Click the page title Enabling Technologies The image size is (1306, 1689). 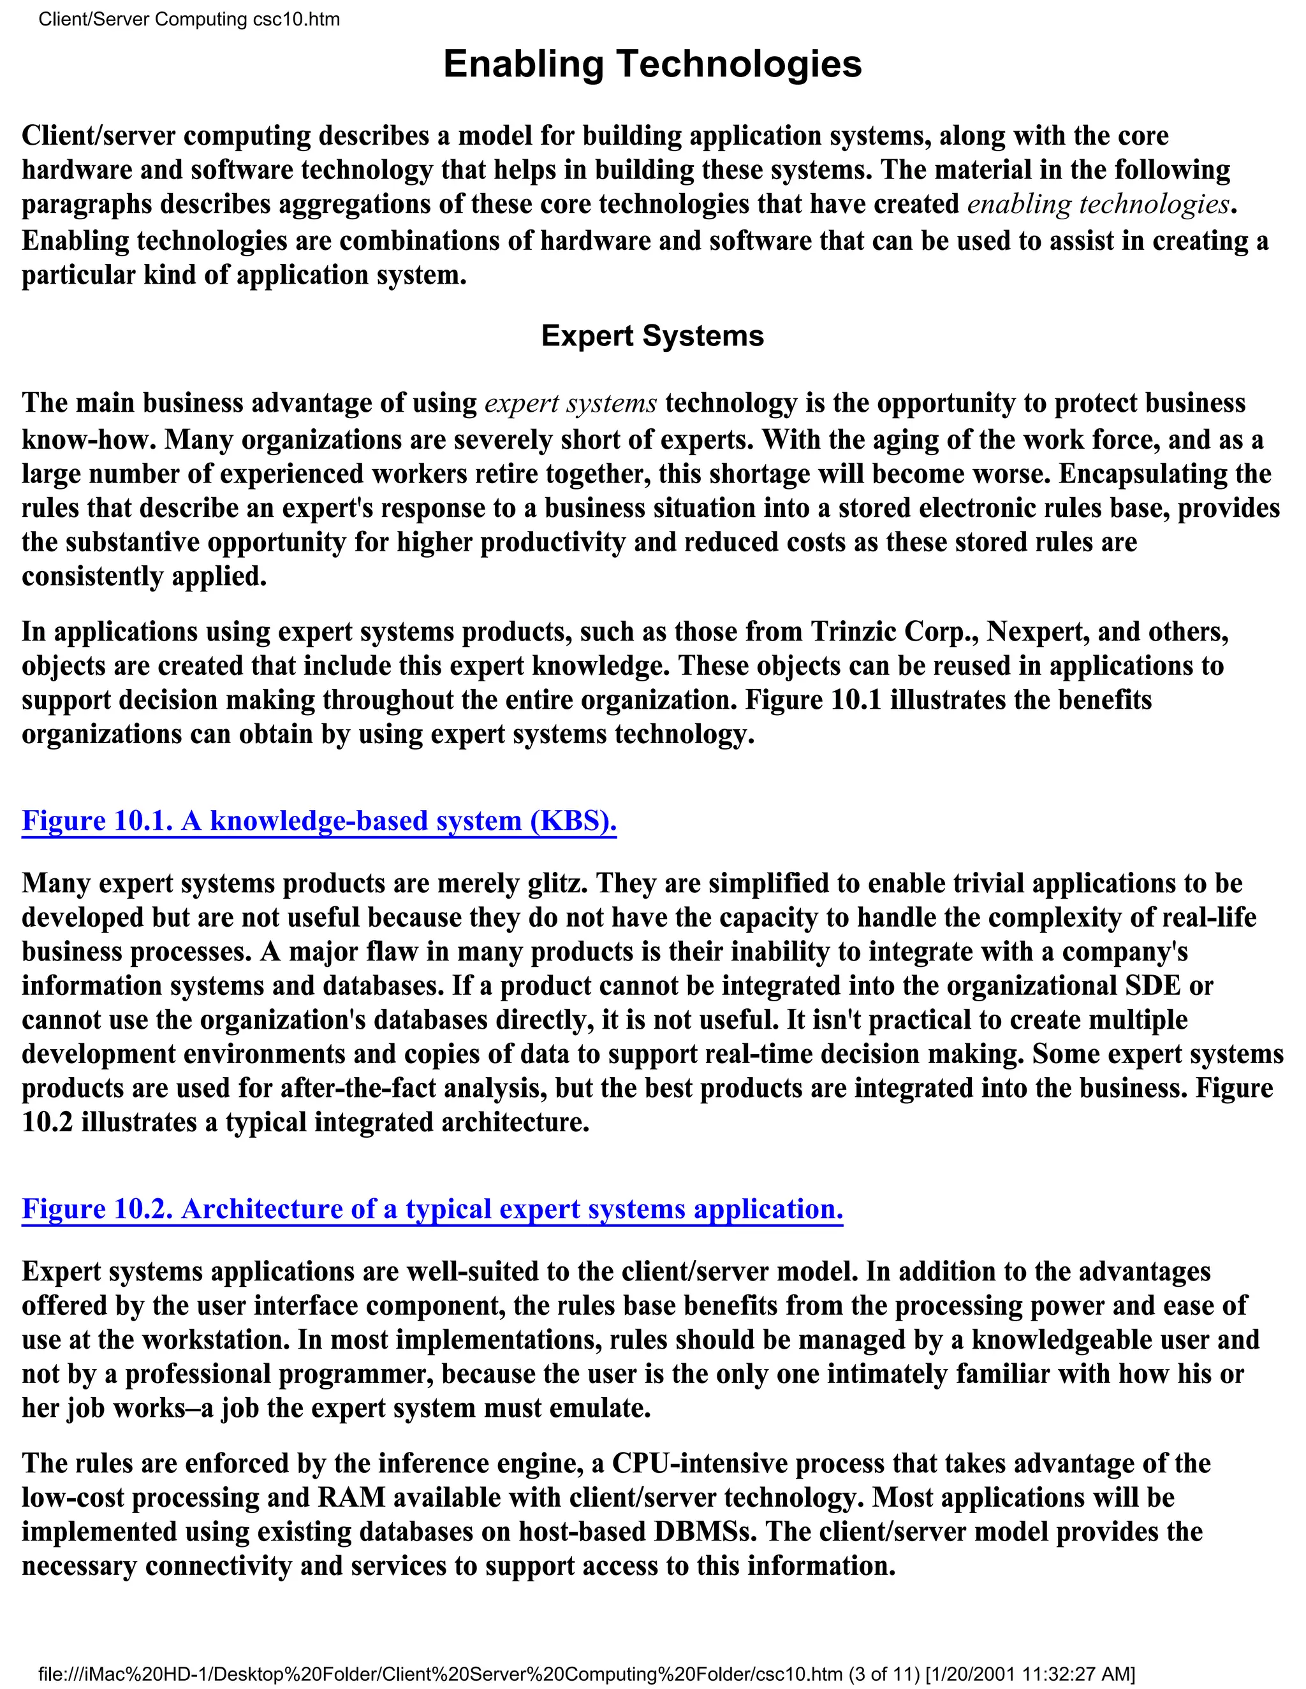click(652, 64)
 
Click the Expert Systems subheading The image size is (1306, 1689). click(652, 337)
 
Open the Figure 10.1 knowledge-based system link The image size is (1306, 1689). click(319, 820)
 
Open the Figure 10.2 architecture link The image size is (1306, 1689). click(432, 1208)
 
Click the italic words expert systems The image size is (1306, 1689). click(570, 403)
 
